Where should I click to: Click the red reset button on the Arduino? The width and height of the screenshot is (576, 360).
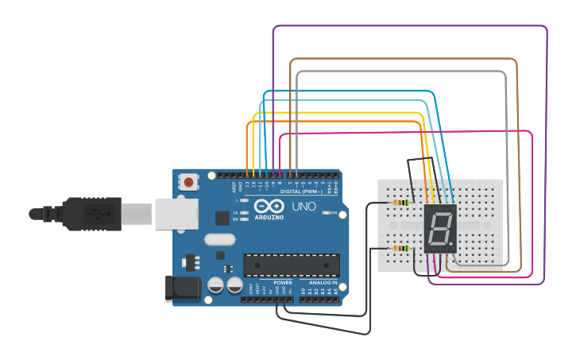pos(188,182)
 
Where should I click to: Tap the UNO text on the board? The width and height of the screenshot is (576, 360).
pos(303,207)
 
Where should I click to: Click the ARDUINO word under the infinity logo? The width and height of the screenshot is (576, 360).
pos(269,215)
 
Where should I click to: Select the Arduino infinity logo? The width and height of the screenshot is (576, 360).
pos(269,206)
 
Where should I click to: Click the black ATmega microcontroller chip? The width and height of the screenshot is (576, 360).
pos(292,265)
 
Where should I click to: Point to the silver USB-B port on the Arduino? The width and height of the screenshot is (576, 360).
pos(176,214)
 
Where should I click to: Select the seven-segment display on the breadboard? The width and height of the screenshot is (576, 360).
pos(439,229)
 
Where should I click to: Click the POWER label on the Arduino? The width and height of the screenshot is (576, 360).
pos(282,283)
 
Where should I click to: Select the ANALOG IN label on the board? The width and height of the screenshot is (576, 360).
pos(323,283)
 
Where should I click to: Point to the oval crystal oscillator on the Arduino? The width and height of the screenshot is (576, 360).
pos(220,239)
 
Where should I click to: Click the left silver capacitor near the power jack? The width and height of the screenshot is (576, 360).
pos(215,285)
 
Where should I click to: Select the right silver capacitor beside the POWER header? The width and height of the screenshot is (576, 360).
pos(234,285)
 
